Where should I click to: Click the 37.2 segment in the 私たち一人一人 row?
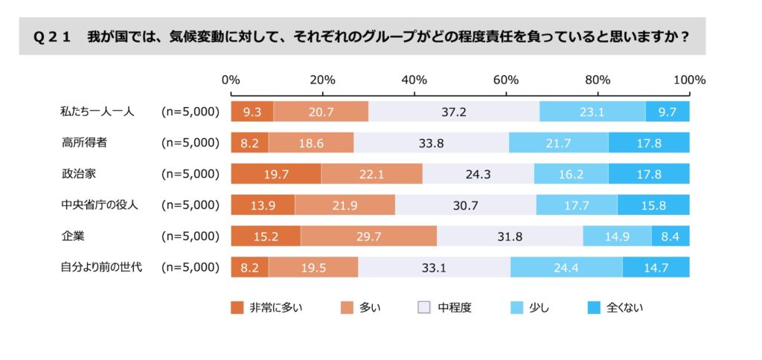(x=454, y=112)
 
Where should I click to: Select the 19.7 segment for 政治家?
(x=276, y=173)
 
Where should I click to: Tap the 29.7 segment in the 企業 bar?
(x=368, y=236)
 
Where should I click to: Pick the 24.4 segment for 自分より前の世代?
(x=566, y=267)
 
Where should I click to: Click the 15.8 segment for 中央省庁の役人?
(x=653, y=205)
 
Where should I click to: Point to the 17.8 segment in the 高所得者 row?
(x=649, y=143)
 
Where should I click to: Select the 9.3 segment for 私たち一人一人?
(x=252, y=112)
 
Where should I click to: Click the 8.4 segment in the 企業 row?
(x=670, y=236)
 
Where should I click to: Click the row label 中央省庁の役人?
(x=100, y=205)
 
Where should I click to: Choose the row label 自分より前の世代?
(x=100, y=267)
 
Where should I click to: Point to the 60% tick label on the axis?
(x=506, y=80)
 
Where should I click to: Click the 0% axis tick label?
(x=231, y=80)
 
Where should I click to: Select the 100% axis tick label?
(x=690, y=80)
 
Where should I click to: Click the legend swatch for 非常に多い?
(x=237, y=308)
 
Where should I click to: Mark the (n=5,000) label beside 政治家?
(x=190, y=173)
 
